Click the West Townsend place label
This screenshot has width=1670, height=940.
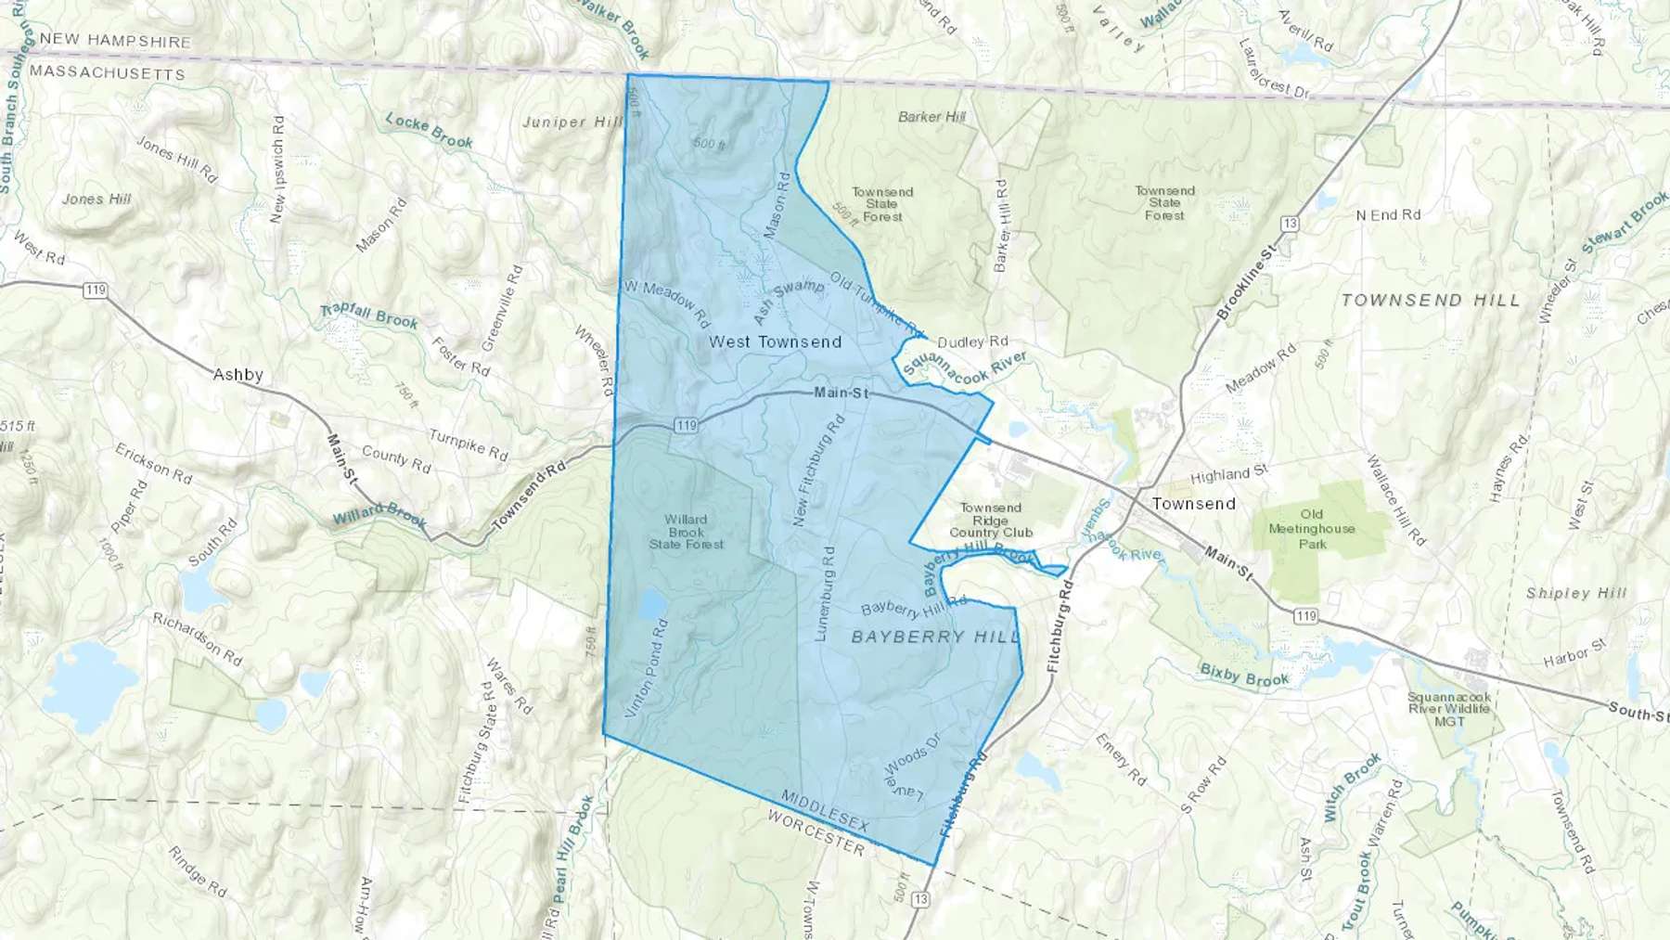[775, 342]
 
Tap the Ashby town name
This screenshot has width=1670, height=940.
[238, 375]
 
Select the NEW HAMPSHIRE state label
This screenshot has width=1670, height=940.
[115, 41]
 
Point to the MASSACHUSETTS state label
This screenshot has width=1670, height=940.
[108, 73]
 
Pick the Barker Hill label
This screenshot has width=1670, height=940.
[932, 117]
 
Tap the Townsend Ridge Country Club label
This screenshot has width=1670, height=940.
[991, 521]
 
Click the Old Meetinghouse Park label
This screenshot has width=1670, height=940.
[1312, 529]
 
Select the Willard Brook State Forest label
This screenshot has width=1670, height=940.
[687, 532]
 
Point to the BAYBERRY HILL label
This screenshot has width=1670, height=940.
[935, 637]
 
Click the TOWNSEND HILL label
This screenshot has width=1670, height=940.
[1431, 301]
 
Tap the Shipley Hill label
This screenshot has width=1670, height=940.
[1576, 593]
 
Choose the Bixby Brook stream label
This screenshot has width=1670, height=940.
[1244, 675]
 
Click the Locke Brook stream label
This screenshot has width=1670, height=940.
[430, 131]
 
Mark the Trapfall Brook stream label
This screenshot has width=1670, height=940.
[369, 316]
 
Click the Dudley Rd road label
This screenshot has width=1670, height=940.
[972, 341]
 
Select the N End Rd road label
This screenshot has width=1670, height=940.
[1388, 214]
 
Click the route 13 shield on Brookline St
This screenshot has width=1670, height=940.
[1290, 224]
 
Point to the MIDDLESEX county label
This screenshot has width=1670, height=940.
[825, 812]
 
